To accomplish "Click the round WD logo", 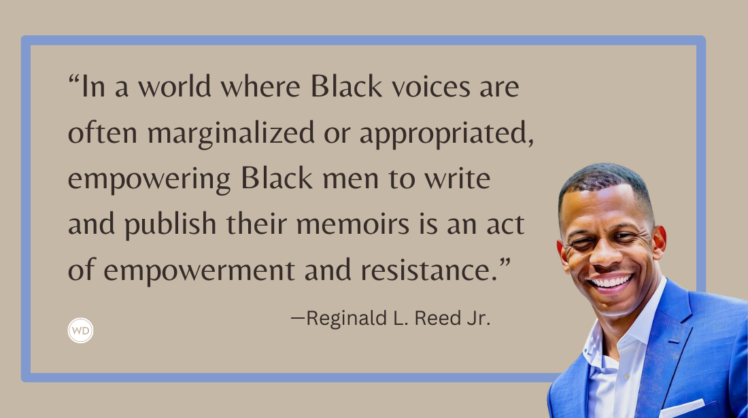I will [81, 330].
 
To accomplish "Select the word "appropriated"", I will [445, 135].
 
